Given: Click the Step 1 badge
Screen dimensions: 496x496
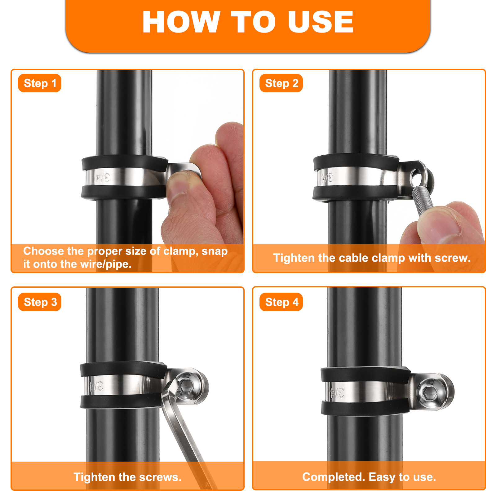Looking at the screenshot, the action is click(40, 83).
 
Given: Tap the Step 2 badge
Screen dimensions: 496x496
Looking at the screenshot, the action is click(281, 83).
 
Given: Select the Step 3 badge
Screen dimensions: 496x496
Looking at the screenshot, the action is click(40, 302).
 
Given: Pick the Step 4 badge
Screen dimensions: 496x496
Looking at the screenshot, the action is click(281, 302).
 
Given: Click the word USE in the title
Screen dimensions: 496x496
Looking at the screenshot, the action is click(321, 22).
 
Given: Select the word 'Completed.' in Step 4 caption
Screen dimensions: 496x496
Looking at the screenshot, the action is click(334, 477).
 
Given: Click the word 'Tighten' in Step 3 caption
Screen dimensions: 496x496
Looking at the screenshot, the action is click(94, 477).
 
